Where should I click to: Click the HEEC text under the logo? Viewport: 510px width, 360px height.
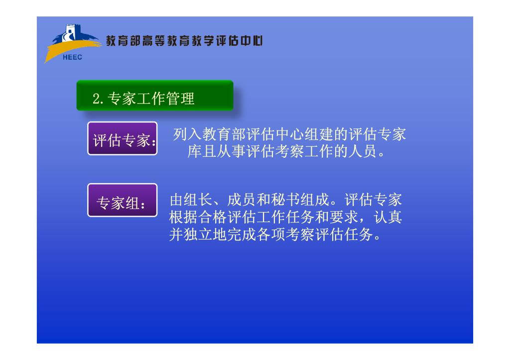click(x=72, y=57)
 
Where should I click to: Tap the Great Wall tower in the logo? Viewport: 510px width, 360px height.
click(x=71, y=32)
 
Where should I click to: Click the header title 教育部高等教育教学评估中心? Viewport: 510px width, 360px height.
click(x=184, y=41)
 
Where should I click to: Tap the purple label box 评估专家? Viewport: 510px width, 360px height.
click(x=123, y=138)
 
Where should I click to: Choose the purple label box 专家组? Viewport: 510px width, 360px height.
click(x=123, y=200)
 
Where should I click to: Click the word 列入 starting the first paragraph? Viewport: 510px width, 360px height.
click(x=187, y=134)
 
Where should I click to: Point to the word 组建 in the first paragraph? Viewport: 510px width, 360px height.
click(x=319, y=134)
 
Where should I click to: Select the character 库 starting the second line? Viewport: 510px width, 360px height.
click(x=194, y=151)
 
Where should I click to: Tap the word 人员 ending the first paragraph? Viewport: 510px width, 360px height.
click(x=363, y=151)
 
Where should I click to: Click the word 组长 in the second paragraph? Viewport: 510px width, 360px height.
click(x=198, y=200)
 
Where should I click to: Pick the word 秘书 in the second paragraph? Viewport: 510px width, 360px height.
click(x=285, y=200)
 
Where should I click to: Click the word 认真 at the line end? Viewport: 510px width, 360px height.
click(x=387, y=217)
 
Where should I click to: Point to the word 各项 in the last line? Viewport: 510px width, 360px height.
click(x=271, y=234)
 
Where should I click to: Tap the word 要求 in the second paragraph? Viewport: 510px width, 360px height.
click(x=344, y=217)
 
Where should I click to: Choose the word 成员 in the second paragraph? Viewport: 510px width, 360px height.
click(x=242, y=200)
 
